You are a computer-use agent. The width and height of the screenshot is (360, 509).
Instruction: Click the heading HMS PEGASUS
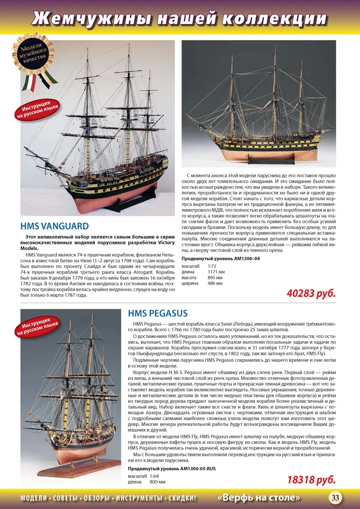point(157,313)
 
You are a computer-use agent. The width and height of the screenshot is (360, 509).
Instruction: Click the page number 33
point(335,498)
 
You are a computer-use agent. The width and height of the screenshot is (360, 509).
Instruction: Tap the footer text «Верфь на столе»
point(259,498)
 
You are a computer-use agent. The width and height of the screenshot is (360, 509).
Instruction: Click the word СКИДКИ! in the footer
point(182,498)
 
